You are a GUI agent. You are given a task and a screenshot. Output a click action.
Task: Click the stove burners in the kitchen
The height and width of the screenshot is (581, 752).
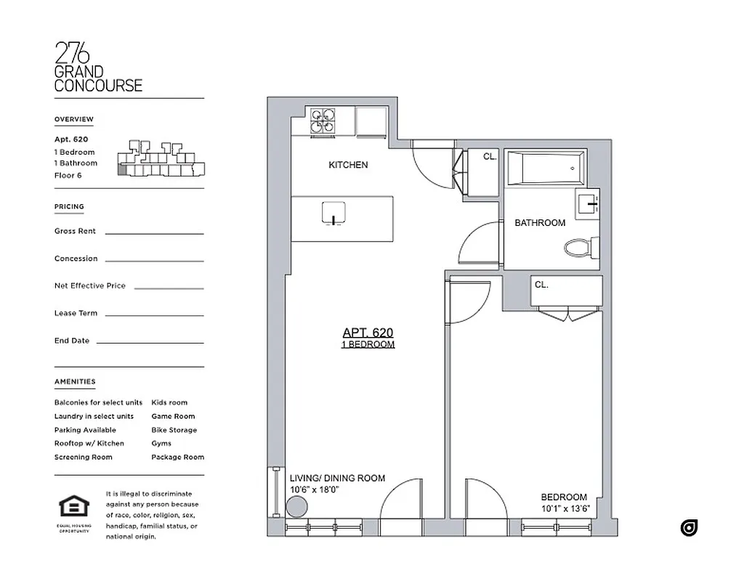[323, 122]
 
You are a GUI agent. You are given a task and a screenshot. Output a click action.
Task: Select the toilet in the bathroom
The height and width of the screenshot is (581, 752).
[578, 248]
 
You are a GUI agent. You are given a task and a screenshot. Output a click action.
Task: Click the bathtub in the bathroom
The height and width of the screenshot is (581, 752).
[545, 168]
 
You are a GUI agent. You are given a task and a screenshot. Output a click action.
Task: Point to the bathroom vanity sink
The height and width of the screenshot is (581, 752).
[587, 203]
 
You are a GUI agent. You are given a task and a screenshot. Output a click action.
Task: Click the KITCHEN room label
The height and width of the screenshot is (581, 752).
[348, 165]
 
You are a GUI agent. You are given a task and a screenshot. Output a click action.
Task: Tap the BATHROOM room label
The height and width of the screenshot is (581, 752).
[540, 223]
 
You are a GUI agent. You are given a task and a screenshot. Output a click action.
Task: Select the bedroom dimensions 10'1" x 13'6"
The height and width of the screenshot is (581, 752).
[565, 508]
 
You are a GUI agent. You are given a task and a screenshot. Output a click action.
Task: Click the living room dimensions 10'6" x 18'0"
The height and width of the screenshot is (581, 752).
[315, 490]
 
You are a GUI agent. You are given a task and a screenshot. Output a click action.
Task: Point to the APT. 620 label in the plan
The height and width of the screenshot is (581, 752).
[368, 333]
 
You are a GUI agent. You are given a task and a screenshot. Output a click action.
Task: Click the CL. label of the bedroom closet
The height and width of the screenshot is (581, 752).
[541, 285]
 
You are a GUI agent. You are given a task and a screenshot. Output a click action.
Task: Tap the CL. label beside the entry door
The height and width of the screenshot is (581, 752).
[490, 156]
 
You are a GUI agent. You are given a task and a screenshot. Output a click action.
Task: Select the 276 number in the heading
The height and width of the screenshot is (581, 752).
[73, 53]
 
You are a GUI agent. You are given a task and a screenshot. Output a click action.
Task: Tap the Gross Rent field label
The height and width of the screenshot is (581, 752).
[75, 231]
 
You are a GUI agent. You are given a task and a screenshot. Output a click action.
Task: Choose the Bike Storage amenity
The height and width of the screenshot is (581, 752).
[174, 430]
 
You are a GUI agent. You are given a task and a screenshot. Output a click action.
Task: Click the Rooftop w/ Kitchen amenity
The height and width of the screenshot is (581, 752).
[89, 443]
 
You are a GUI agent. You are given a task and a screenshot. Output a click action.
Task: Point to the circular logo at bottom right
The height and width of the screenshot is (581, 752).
[689, 528]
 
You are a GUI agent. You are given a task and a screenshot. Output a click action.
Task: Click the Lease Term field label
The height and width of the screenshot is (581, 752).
[76, 313]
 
